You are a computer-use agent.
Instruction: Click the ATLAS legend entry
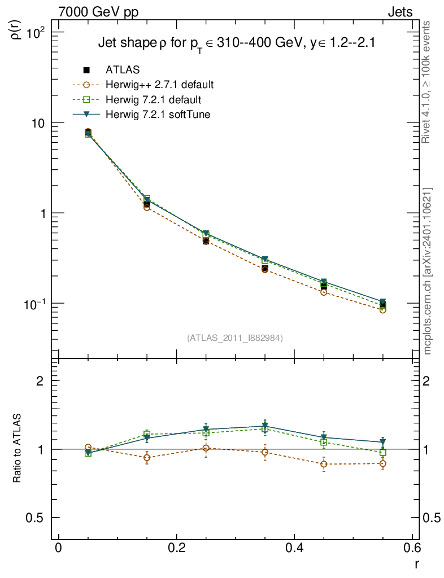(x=123, y=70)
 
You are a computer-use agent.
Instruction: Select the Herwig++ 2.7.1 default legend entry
(x=159, y=85)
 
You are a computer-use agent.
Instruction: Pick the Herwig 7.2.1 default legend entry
(x=154, y=100)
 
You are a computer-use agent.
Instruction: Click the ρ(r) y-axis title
(x=17, y=28)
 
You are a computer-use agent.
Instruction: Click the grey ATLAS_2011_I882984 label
(x=234, y=338)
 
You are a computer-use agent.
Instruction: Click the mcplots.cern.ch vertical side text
(x=428, y=271)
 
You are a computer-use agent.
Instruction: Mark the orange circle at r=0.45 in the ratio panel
(x=324, y=464)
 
